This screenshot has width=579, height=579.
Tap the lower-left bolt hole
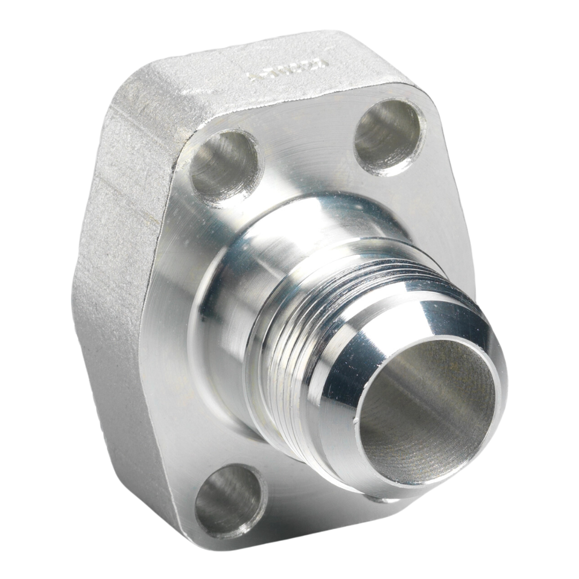pos(231,501)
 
